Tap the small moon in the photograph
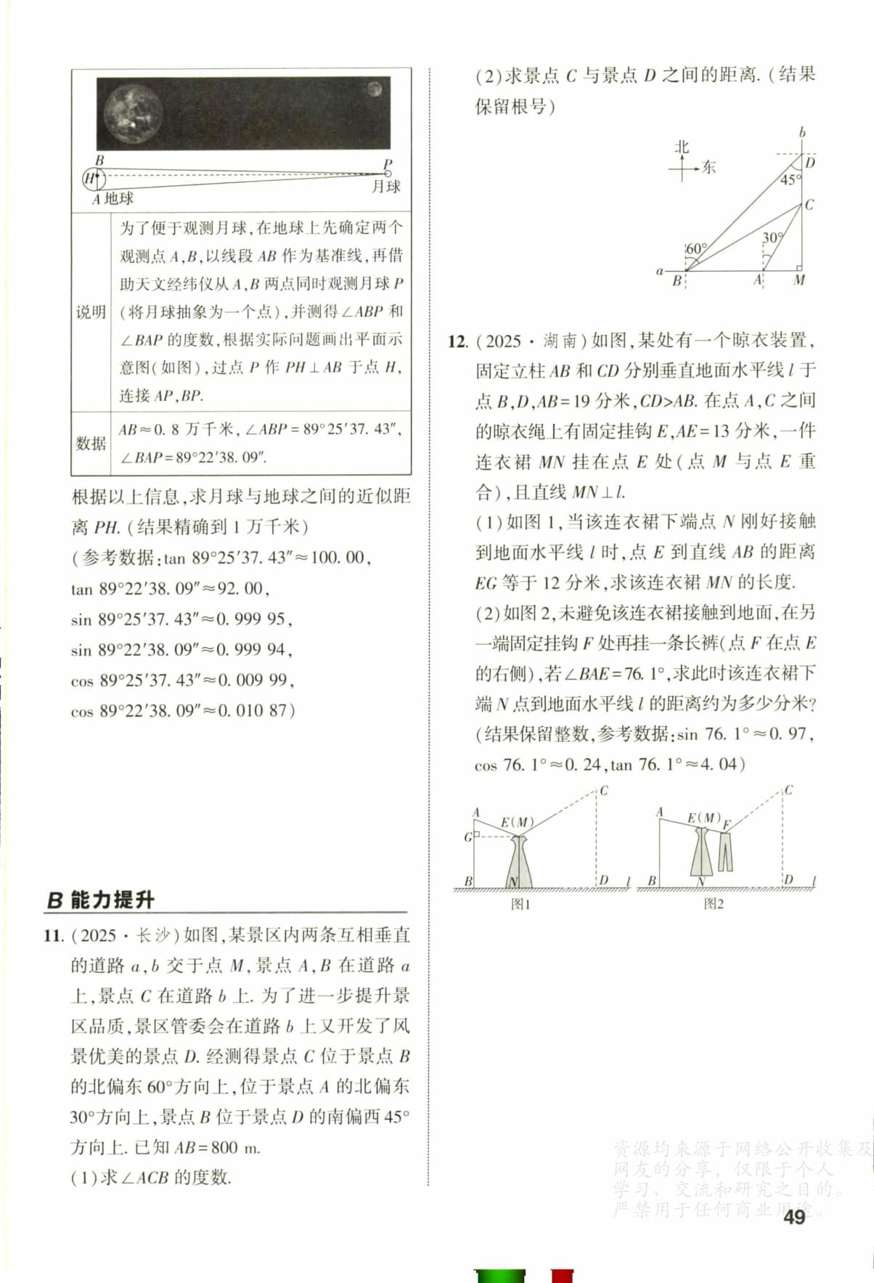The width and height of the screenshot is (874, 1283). (375, 89)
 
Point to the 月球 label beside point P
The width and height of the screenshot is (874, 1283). (385, 187)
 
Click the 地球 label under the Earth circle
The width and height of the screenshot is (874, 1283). (119, 198)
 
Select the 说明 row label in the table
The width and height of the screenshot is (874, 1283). (91, 312)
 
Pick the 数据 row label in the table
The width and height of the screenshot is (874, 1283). (91, 443)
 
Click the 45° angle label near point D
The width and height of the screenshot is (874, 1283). (790, 179)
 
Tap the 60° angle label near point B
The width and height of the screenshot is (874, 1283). (696, 249)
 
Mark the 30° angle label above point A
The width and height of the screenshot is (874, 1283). (772, 237)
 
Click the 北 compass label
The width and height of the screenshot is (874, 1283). (681, 147)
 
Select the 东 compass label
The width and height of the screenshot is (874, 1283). (708, 168)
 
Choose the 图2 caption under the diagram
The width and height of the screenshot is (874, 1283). (714, 903)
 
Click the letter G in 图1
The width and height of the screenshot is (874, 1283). (468, 837)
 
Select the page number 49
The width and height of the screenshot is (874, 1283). (794, 1218)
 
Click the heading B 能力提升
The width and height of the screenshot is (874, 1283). (101, 900)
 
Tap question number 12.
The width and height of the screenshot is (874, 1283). (457, 341)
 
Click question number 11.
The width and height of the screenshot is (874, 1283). (54, 935)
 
